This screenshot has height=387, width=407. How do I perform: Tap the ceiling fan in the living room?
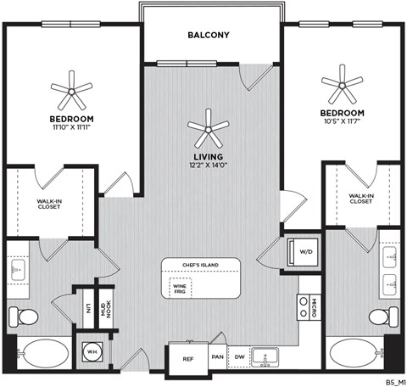click(x=209, y=129)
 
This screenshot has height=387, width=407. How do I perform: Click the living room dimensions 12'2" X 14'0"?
click(x=209, y=165)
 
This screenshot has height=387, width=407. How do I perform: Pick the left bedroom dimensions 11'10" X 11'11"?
click(x=71, y=126)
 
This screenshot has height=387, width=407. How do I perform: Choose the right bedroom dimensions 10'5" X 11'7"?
click(x=343, y=121)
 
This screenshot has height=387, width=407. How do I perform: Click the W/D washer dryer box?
click(x=302, y=250)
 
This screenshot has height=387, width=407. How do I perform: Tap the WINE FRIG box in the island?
click(x=180, y=289)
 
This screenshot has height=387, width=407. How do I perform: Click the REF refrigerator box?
click(x=187, y=358)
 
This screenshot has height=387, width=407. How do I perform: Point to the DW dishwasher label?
click(x=241, y=358)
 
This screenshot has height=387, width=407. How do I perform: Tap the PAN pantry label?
click(x=217, y=358)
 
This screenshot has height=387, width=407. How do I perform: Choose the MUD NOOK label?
click(x=105, y=306)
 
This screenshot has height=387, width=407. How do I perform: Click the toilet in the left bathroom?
click(x=25, y=317)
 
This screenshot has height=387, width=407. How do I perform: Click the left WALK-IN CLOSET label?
click(x=47, y=204)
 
